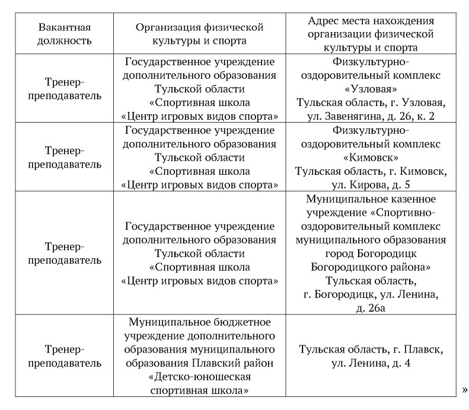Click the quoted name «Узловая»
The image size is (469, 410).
371,89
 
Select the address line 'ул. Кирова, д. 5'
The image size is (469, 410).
371,184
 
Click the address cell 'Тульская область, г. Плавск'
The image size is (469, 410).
371,349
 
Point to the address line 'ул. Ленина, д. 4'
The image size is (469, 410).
371,363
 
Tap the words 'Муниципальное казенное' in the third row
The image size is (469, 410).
371,198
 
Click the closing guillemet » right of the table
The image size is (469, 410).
465,389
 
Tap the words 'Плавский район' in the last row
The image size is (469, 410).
225,363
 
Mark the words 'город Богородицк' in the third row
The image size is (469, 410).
371,253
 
